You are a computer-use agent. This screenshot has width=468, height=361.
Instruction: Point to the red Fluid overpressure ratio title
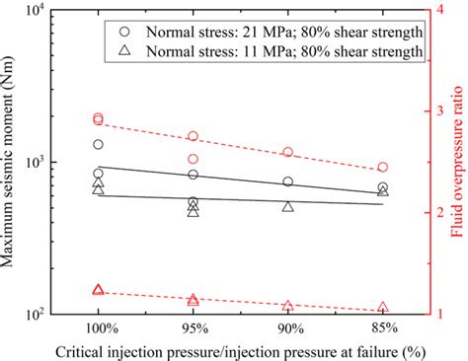[459, 163]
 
